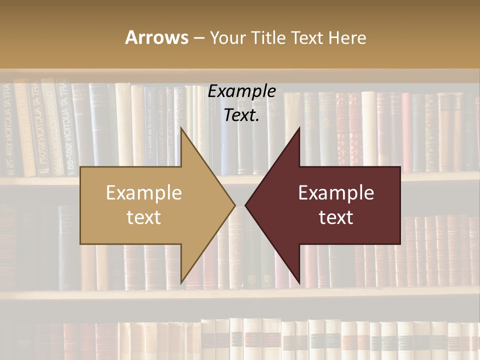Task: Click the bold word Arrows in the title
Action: tap(156, 37)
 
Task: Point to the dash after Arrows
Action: tap(198, 38)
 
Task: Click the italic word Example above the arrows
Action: tap(241, 91)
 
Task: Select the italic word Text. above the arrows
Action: tap(241, 115)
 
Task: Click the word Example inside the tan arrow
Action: tap(144, 193)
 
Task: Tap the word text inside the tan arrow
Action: tap(144, 217)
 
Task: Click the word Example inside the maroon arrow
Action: tap(336, 193)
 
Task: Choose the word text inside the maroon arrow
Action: tap(336, 217)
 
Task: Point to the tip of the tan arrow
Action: tap(235, 205)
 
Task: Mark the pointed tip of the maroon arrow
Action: tap(245, 205)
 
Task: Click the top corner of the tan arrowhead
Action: tap(181, 128)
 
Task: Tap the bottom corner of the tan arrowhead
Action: tap(181, 283)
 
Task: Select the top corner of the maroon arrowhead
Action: tap(299, 128)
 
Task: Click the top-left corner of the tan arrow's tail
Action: tap(80, 167)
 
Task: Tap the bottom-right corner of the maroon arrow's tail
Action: tap(400, 244)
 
